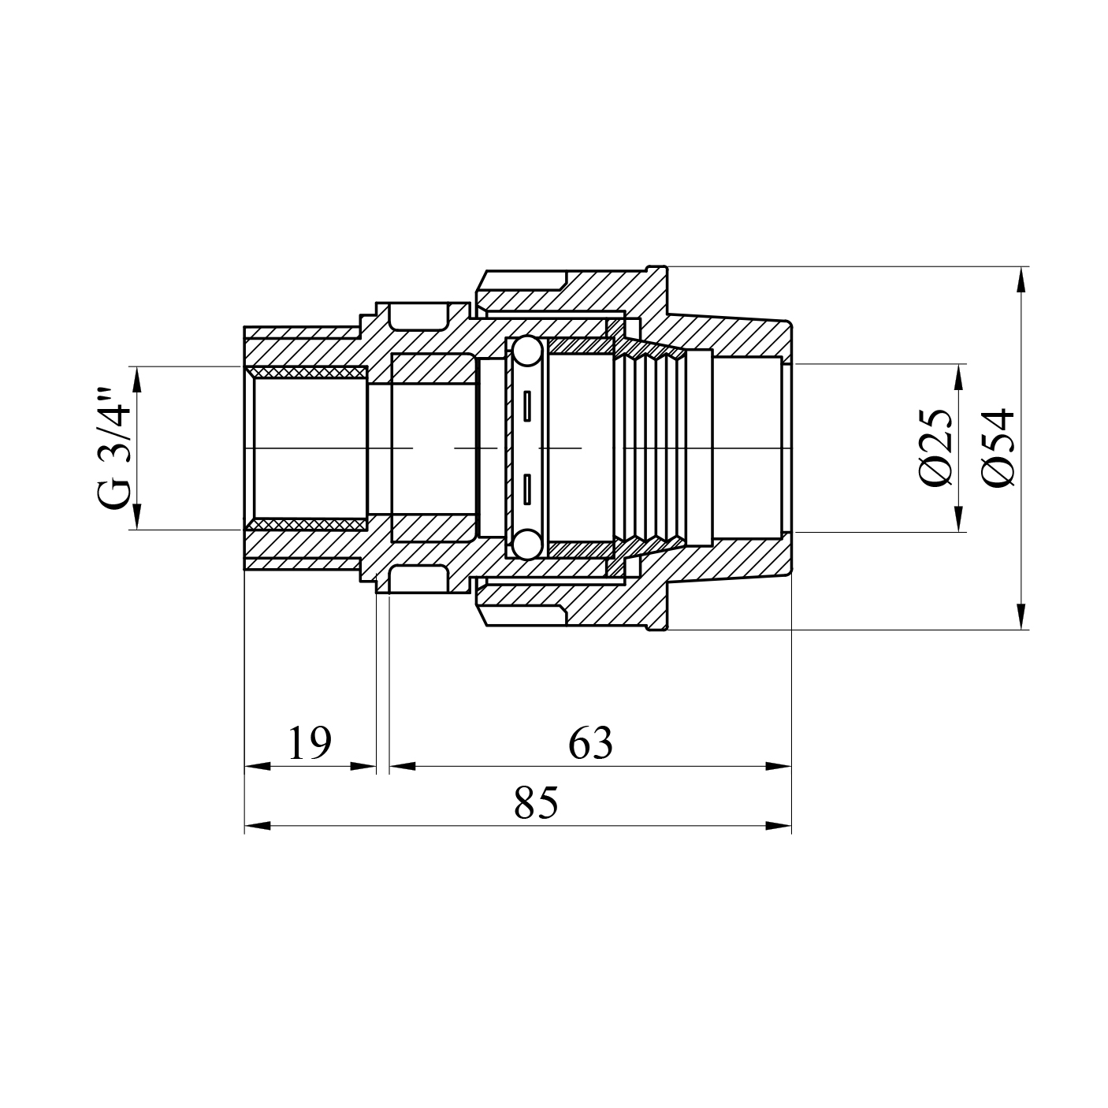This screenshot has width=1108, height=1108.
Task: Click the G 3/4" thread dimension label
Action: (113, 448)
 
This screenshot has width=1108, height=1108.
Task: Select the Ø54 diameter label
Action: (998, 448)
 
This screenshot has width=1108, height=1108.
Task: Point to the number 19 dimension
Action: (310, 743)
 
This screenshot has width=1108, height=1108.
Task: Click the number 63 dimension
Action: (590, 743)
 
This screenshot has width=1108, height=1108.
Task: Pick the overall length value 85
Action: (536, 803)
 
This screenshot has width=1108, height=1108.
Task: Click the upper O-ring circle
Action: (526, 351)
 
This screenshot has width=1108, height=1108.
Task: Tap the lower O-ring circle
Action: (526, 544)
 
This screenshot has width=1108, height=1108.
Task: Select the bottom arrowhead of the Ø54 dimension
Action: (1021, 616)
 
